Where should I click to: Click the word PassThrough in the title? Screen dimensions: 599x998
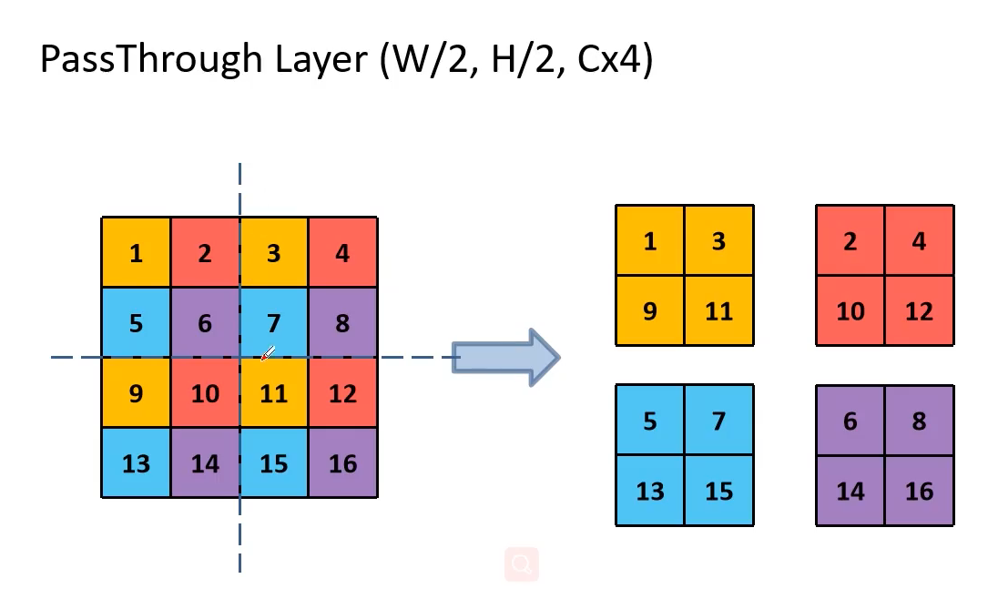pyautogui.click(x=151, y=60)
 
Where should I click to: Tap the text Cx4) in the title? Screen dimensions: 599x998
pyautogui.click(x=615, y=60)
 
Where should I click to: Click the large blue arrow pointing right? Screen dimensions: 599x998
pyautogui.click(x=505, y=358)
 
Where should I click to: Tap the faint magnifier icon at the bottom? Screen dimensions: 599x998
pyautogui.click(x=522, y=564)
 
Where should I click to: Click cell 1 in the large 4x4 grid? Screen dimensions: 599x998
pyautogui.click(x=136, y=253)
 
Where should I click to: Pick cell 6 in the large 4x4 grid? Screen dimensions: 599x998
pyautogui.click(x=205, y=323)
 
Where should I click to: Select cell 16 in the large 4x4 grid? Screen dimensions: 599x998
pyautogui.click(x=342, y=463)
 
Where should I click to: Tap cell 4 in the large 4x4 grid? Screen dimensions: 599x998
pyautogui.click(x=342, y=253)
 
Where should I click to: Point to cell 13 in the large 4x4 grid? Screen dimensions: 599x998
pyautogui.click(x=136, y=463)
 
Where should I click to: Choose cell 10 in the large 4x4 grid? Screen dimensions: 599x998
pyautogui.click(x=205, y=393)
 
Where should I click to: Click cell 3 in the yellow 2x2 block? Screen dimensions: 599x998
pyautogui.click(x=718, y=241)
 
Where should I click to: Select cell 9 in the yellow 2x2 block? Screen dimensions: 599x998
pyautogui.click(x=649, y=311)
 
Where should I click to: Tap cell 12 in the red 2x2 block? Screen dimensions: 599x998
pyautogui.click(x=919, y=311)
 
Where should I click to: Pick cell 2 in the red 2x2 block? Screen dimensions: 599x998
pyautogui.click(x=850, y=241)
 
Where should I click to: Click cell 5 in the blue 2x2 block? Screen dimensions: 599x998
pyautogui.click(x=649, y=421)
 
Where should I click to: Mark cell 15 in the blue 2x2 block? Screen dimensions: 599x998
pyautogui.click(x=718, y=491)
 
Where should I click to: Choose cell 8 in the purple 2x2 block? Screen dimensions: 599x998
pyautogui.click(x=919, y=421)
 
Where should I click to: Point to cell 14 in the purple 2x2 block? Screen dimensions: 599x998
pyautogui.click(x=850, y=491)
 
